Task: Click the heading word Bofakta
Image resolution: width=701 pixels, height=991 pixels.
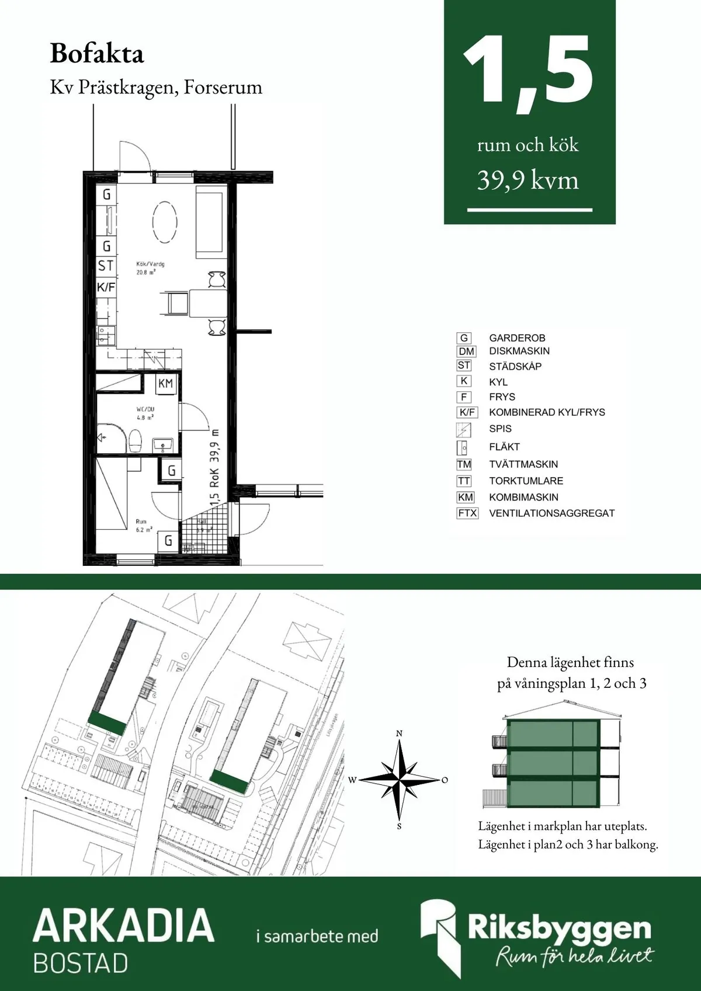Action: coord(97,54)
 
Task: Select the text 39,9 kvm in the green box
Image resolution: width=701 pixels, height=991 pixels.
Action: coord(528,180)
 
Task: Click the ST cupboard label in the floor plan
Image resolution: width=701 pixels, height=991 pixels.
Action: coord(106,266)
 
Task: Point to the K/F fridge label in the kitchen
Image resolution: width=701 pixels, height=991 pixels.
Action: coord(106,287)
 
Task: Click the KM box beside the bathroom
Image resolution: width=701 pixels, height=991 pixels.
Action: coord(166,384)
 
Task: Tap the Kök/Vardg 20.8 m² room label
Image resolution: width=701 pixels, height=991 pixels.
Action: coord(150,268)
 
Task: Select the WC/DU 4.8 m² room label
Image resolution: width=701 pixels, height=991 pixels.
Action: coord(145,413)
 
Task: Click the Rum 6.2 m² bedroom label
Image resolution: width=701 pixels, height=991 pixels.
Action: coord(144,526)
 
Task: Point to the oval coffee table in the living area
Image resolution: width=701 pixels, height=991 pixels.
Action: coord(165,222)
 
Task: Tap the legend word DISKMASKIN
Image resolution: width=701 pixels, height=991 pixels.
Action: coord(519,351)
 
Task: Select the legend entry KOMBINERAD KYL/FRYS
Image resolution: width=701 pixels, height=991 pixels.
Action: coord(547,412)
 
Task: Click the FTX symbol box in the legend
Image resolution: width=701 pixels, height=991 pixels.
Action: coord(467,513)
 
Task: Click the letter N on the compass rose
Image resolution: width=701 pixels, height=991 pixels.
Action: coord(400,733)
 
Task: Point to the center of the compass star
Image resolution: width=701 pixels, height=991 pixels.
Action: coord(400,780)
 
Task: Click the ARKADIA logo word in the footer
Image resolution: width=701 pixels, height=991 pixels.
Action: coord(124,925)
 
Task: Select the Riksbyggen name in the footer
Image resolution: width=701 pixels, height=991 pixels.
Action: coord(558,927)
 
